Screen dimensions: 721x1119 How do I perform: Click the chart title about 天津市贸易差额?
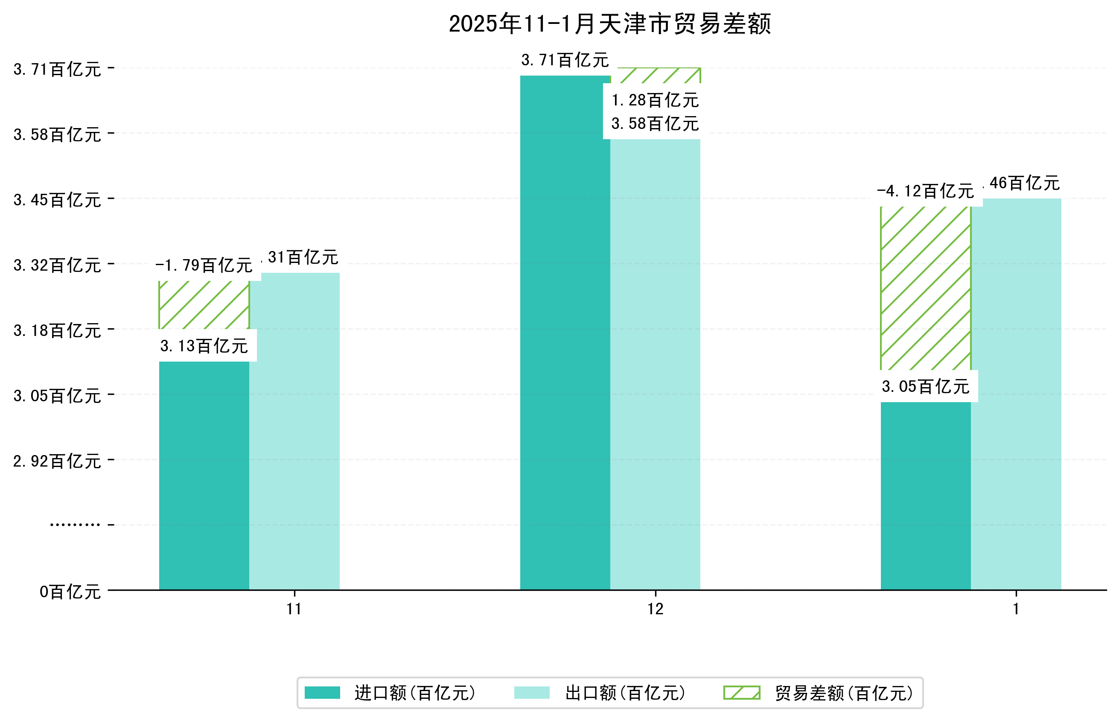click(x=609, y=24)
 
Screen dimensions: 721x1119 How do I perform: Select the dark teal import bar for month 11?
click(x=204, y=475)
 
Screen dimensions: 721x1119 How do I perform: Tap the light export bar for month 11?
click(x=294, y=431)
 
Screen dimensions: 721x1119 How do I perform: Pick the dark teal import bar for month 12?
click(x=565, y=333)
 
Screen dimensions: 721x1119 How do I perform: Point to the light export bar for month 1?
click(x=1016, y=394)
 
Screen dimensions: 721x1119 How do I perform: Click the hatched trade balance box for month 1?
click(x=925, y=288)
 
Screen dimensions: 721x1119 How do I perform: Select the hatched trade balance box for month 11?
click(x=204, y=305)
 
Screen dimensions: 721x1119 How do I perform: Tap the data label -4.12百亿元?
click(x=925, y=191)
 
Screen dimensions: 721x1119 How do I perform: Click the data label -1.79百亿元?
click(x=204, y=266)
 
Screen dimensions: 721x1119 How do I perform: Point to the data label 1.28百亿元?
click(x=655, y=100)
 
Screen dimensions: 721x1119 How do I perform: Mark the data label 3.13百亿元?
click(x=204, y=346)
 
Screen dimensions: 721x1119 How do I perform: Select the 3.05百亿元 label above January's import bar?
click(x=925, y=386)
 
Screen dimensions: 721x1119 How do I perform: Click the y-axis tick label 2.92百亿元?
click(x=57, y=461)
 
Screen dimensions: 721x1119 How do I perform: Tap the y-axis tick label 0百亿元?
click(x=70, y=592)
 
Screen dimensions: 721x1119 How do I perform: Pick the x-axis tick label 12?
click(x=655, y=609)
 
